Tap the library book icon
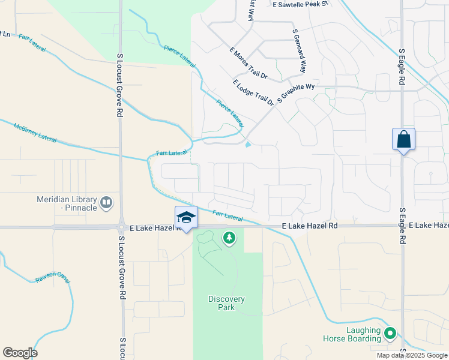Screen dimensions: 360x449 click(x=106, y=203)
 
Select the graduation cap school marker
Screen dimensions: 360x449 click(x=186, y=217)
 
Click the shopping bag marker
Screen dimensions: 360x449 click(x=403, y=139)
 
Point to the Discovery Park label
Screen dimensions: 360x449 click(x=226, y=303)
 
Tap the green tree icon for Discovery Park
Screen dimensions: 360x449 click(x=229, y=239)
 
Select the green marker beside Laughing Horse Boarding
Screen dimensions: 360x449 click(x=390, y=332)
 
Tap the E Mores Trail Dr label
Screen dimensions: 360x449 click(x=249, y=62)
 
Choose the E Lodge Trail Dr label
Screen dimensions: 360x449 click(x=253, y=92)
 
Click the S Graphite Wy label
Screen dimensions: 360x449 click(x=296, y=94)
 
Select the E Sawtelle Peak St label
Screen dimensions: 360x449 click(x=301, y=4)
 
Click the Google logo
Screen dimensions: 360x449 click(x=20, y=353)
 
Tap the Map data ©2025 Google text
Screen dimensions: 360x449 click(x=411, y=355)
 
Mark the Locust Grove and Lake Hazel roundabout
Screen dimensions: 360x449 click(x=121, y=227)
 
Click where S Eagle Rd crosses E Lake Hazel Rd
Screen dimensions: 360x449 click(x=402, y=226)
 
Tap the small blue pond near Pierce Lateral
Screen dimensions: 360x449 click(x=249, y=143)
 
